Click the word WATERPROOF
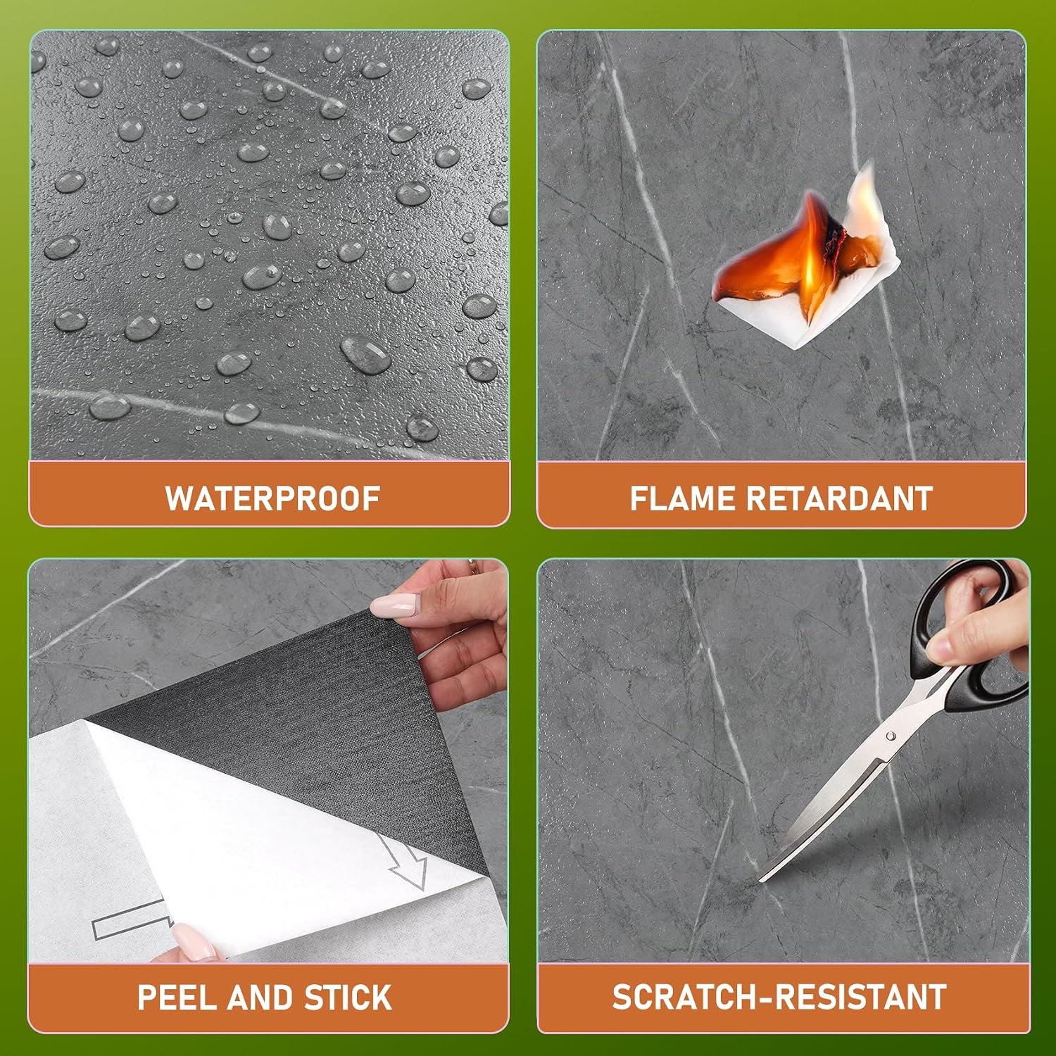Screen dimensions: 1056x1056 pos(272,498)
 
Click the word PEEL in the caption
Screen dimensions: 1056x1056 pos(178,998)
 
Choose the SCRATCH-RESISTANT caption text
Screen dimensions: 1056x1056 pos(779,998)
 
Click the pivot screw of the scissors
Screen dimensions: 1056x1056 pos(891,736)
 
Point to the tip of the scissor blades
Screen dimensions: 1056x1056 pos(761,880)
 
